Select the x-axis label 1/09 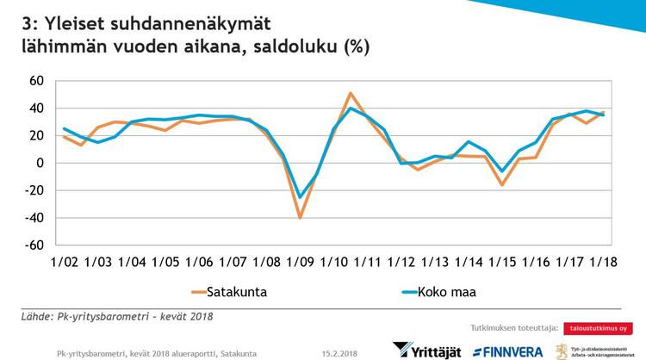click(300, 262)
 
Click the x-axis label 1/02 click(65, 262)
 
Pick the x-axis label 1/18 click(601, 262)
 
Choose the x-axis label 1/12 click(401, 262)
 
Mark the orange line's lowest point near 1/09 click(300, 217)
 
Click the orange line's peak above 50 click(351, 93)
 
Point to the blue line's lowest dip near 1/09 click(300, 196)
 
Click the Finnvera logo click(509, 351)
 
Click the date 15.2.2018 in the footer click(340, 353)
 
